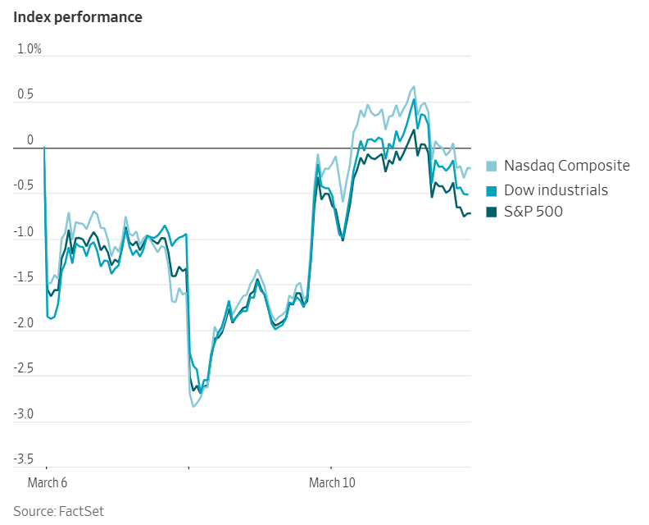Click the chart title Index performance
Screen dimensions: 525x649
point(77,17)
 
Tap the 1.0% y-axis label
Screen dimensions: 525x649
point(29,49)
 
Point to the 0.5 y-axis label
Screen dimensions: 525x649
point(25,95)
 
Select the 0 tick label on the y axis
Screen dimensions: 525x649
point(30,140)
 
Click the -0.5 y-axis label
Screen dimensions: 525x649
point(24,186)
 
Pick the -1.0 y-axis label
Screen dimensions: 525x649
point(24,232)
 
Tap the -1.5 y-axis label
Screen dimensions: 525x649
point(24,278)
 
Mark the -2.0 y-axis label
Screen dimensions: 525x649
point(24,324)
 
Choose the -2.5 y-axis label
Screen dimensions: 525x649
point(24,369)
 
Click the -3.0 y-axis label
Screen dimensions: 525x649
point(24,415)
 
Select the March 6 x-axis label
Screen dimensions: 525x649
point(48,483)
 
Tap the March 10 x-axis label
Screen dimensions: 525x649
point(332,483)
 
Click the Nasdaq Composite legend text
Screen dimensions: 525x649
point(566,166)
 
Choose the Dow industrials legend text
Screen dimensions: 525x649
point(556,190)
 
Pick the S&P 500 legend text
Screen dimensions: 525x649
point(533,212)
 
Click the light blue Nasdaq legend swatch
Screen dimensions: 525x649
point(492,167)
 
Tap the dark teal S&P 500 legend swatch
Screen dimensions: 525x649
point(492,213)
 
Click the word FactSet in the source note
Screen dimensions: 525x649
point(81,512)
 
